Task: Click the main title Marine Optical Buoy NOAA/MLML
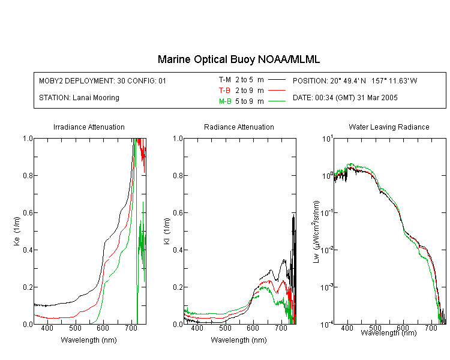(238, 59)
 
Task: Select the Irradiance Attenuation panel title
(89, 127)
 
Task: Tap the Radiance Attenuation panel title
(239, 127)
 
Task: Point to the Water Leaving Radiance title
(389, 127)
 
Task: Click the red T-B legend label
(224, 91)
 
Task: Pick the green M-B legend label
(225, 101)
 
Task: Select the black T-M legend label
(225, 80)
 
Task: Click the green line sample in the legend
(277, 101)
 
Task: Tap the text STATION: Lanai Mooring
(79, 98)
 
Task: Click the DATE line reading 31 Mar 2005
(345, 98)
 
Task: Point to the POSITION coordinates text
(355, 80)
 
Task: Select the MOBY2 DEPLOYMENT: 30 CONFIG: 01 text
(103, 80)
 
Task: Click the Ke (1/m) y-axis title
(17, 231)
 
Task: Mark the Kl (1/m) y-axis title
(167, 231)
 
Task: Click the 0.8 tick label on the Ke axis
(28, 175)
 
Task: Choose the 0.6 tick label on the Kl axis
(178, 213)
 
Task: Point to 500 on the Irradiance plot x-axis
(75, 328)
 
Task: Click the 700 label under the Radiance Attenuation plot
(281, 328)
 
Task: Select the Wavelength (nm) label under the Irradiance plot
(89, 340)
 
